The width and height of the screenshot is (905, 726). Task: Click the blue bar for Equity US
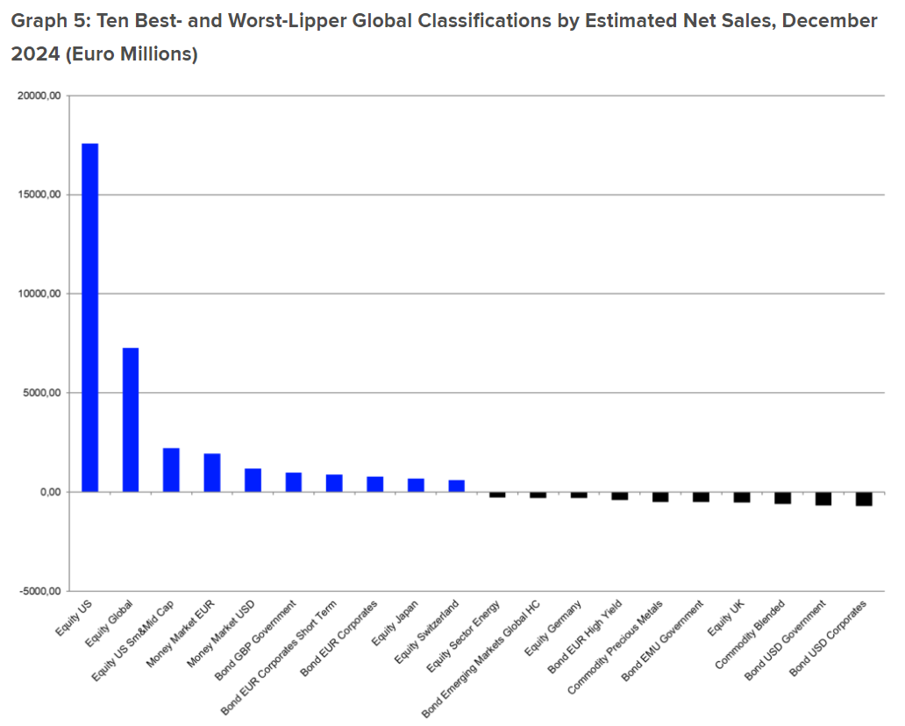89,317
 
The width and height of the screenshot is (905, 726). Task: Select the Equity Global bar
131,419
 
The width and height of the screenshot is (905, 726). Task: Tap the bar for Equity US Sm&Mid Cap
171,469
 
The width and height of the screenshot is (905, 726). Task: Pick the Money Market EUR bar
212,472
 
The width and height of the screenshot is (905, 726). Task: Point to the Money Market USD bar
253,480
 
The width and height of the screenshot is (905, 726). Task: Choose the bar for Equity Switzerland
456,485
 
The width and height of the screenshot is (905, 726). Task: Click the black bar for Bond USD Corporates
864,499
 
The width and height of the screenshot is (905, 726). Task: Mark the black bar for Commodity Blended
782,497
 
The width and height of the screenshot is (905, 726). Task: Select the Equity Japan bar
416,484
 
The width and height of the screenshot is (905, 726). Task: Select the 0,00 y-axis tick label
47,492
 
